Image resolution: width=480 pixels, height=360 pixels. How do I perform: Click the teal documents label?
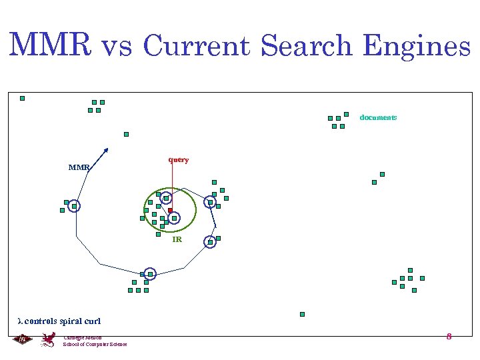378,117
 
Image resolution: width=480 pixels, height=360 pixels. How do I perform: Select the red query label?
178,160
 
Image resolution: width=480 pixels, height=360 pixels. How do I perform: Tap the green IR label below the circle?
177,239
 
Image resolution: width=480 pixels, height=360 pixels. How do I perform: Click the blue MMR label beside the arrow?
79,167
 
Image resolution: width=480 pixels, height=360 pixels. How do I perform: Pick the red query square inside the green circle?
170,211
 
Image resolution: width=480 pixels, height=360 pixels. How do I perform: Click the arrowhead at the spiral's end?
105,149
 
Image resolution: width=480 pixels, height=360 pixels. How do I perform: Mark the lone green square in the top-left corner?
22,98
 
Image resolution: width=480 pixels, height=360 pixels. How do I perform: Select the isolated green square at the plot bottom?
302,314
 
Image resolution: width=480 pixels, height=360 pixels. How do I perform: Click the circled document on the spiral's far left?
74,207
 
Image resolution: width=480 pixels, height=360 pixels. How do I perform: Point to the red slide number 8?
449,337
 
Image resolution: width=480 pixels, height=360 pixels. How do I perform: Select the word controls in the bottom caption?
41,321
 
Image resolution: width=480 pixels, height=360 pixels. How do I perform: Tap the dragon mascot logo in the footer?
48,339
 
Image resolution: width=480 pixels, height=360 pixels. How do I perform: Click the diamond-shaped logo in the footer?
22,339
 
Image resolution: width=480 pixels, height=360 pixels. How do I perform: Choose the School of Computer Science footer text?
95,344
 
